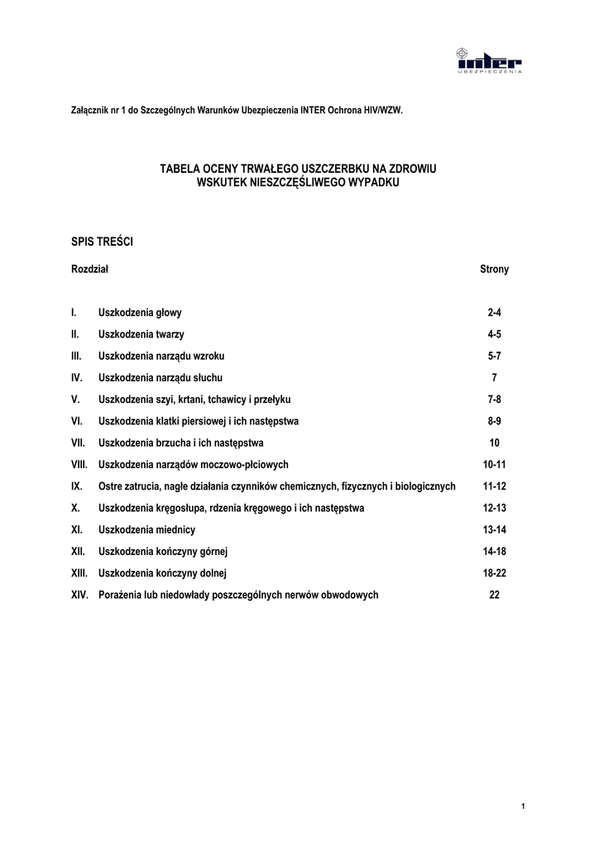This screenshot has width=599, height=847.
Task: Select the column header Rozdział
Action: point(90,270)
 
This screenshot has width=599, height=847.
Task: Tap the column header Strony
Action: point(495,270)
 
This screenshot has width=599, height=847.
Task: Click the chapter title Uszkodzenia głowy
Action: point(140,313)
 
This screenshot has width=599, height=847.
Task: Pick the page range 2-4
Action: point(495,313)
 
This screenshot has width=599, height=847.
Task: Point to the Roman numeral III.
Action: point(76,356)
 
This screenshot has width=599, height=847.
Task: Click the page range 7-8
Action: point(495,399)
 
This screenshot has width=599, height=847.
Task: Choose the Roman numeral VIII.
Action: point(79,464)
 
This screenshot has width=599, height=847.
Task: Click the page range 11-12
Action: point(495,486)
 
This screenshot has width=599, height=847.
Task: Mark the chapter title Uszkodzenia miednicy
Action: point(147,529)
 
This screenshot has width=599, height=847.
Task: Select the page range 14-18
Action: point(495,551)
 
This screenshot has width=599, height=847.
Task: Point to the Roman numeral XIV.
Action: point(79,594)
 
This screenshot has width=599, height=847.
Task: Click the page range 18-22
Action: point(495,572)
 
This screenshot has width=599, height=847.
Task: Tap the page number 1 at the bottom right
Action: point(525,806)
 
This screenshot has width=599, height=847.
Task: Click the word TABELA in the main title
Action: point(179,169)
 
